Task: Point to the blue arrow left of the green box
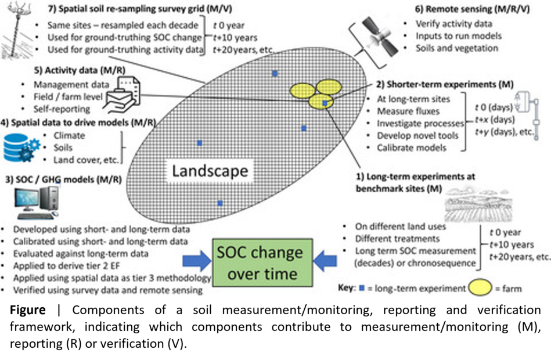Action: pos(197,262)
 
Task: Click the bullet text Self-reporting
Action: pos(62,109)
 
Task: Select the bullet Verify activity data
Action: pos(453,24)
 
